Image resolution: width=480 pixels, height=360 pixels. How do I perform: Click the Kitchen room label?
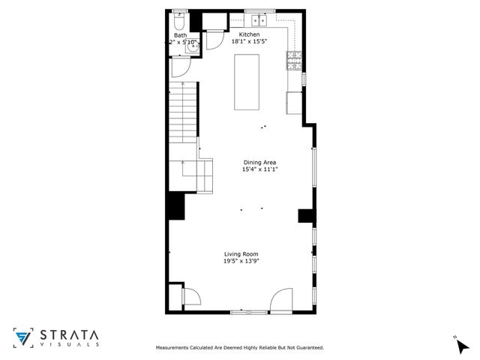pos(249,35)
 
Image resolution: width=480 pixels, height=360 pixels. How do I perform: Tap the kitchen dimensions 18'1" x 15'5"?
pos(249,43)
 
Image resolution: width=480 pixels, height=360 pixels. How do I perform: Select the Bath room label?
pos(180,35)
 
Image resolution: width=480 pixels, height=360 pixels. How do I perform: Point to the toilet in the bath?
pos(179,19)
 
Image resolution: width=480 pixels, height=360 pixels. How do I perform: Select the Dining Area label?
pos(259,163)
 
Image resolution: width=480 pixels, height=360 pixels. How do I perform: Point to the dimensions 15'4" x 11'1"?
pos(259,170)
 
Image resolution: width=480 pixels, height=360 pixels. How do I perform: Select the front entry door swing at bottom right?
pos(283,299)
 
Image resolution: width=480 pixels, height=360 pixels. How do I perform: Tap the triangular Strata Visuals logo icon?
pos(23,337)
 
